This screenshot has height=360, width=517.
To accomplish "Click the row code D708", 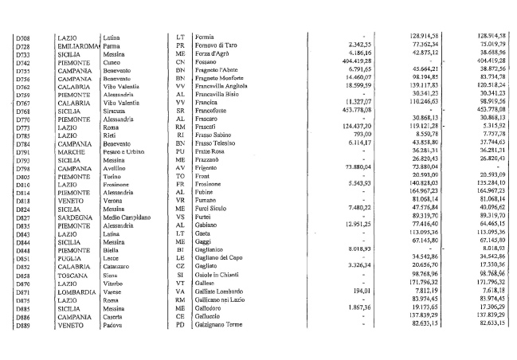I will (x=22, y=37).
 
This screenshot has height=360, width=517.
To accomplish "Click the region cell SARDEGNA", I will (x=74, y=217).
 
